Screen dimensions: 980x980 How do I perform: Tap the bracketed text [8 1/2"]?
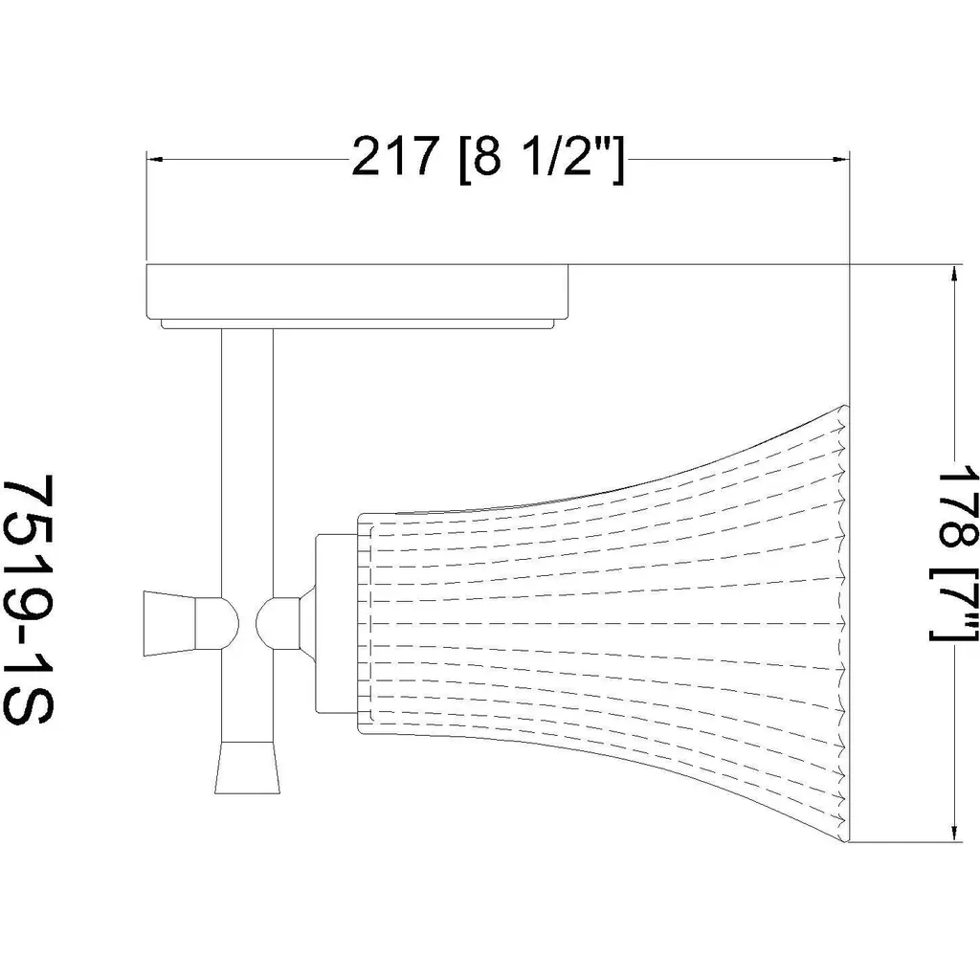[542, 159]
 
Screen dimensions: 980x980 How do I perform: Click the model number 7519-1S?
[28, 600]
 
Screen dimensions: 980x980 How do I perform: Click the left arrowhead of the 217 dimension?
[154, 160]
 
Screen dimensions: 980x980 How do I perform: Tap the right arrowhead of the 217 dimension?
[842, 160]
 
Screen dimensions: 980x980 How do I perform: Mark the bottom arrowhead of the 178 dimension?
[954, 832]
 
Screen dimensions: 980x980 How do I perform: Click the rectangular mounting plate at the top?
[357, 291]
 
